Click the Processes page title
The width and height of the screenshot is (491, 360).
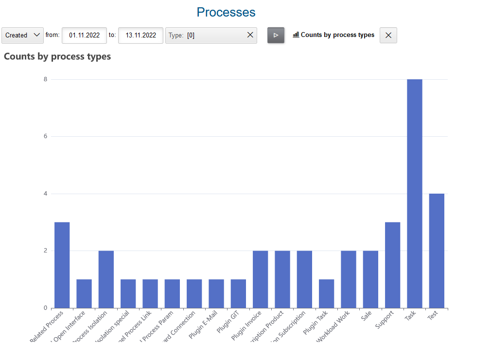tap(226, 12)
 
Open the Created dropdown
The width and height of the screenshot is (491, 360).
tap(22, 35)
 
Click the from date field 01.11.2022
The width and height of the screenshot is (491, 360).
tap(84, 35)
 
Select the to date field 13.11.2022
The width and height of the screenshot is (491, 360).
tap(140, 35)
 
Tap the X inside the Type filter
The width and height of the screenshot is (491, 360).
tap(250, 35)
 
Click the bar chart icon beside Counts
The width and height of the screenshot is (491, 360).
tap(296, 35)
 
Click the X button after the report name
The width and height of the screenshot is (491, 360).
tap(388, 35)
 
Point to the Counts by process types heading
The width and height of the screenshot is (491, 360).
tap(57, 56)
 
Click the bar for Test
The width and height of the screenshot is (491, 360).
tap(437, 251)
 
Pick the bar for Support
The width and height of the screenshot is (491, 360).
tap(392, 265)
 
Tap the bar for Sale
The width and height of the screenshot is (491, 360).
tap(370, 279)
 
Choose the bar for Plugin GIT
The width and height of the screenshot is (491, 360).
tap(238, 293)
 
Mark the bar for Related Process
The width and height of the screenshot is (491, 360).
tap(62, 265)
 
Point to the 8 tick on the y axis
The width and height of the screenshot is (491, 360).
tap(45, 79)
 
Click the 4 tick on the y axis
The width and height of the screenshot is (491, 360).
tap(45, 194)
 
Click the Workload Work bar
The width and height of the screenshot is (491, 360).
tap(349, 279)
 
